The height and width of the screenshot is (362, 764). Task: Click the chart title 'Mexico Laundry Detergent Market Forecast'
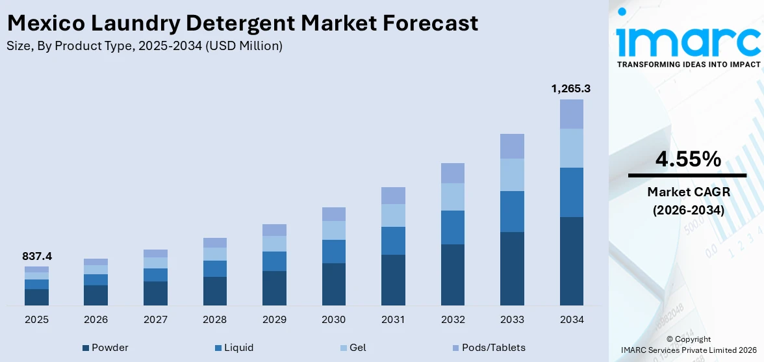tap(242, 23)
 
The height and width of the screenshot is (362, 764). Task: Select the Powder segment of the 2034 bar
tap(571, 261)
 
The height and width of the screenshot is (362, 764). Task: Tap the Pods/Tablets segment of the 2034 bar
tap(571, 114)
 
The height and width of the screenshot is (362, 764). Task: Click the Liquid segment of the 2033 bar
tap(512, 211)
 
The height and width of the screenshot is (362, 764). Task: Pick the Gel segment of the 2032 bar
tap(453, 196)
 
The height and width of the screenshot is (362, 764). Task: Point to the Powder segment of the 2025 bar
tap(36, 297)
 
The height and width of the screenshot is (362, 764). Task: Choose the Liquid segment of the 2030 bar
tap(334, 252)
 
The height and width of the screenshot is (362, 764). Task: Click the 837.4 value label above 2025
tap(36, 257)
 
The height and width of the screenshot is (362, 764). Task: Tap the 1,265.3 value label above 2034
tap(571, 88)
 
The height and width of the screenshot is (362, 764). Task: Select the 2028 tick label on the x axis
tap(215, 320)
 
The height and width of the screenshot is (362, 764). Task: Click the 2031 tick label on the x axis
tap(393, 320)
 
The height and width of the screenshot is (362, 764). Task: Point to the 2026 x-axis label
tap(96, 320)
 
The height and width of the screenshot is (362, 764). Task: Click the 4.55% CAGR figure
tap(687, 159)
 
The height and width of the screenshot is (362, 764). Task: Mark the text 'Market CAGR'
tap(687, 192)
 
